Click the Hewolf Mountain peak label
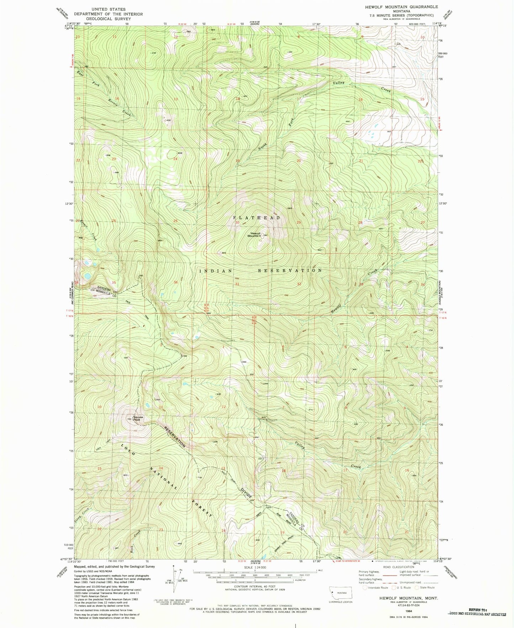click(254, 235)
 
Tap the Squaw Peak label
click(137, 419)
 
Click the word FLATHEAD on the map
click(256, 217)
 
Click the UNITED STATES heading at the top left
click(108, 9)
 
